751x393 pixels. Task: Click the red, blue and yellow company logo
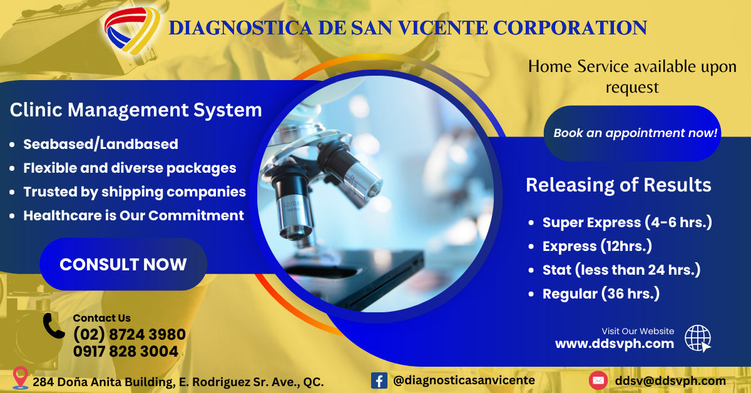pyautogui.click(x=132, y=31)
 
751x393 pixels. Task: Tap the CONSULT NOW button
pyautogui.click(x=123, y=264)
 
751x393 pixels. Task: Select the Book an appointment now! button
pyautogui.click(x=632, y=133)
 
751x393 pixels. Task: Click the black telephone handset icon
pyautogui.click(x=53, y=326)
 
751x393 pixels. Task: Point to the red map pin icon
pyautogui.click(x=21, y=377)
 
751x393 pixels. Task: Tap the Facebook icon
pyautogui.click(x=379, y=380)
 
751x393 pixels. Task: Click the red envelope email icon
pyautogui.click(x=598, y=380)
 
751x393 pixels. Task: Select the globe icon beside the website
pyautogui.click(x=698, y=339)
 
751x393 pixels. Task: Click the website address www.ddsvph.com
pyautogui.click(x=615, y=344)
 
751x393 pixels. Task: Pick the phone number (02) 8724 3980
pyautogui.click(x=130, y=334)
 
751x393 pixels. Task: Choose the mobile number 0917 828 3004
pyautogui.click(x=126, y=352)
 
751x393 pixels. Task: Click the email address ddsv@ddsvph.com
pyautogui.click(x=670, y=381)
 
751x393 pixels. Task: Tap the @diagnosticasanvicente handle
pyautogui.click(x=464, y=380)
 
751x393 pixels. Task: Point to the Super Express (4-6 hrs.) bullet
pyautogui.click(x=627, y=222)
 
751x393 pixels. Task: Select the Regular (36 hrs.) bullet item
pyautogui.click(x=601, y=293)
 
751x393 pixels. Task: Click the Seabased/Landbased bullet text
pyautogui.click(x=101, y=144)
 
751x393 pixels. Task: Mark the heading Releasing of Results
pyautogui.click(x=618, y=185)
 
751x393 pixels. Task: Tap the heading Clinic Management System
pyautogui.click(x=136, y=110)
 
